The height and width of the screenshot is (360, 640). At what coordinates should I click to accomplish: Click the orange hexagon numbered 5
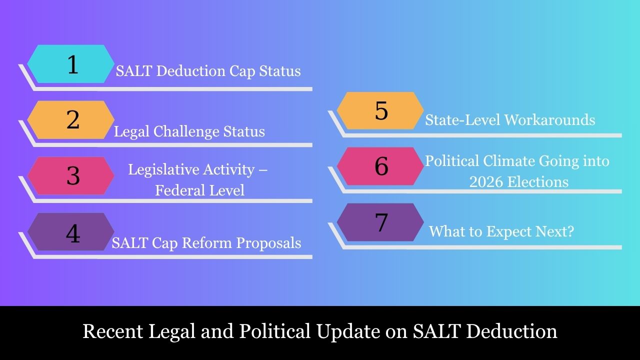[380, 111]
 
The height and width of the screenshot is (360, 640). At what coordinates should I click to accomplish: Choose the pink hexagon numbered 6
[380, 166]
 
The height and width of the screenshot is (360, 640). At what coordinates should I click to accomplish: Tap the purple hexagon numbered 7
[380, 222]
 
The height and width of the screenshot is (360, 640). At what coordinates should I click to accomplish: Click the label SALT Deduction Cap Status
[208, 71]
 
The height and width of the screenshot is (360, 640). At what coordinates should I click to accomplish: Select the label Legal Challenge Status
[189, 131]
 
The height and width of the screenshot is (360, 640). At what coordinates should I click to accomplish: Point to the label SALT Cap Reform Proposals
[206, 243]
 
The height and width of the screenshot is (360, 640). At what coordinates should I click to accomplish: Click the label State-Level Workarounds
[510, 120]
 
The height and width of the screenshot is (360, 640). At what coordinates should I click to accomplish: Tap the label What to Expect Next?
[501, 231]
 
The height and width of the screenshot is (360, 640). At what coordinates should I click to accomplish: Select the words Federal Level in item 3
[199, 190]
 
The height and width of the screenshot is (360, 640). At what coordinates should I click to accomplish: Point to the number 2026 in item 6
[486, 181]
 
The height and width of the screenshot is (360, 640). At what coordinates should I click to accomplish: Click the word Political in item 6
[452, 161]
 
